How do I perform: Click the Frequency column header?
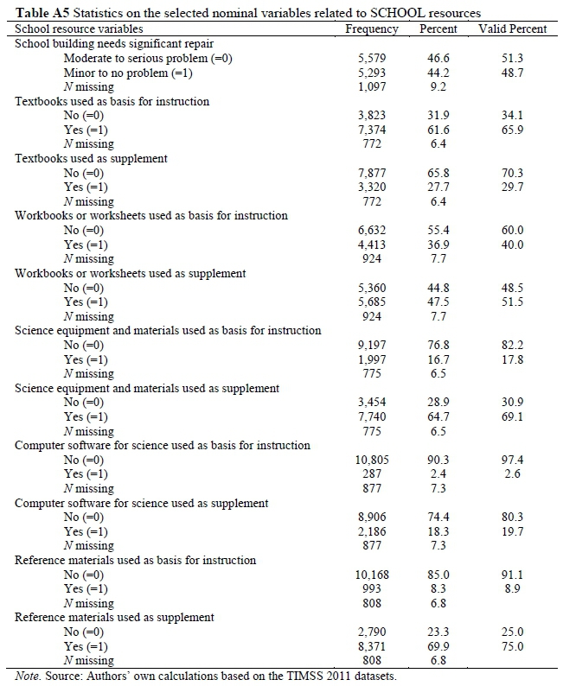372,29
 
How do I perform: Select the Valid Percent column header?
513,29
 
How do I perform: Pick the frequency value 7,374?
373,130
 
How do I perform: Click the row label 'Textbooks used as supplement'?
91,158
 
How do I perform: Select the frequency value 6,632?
373,230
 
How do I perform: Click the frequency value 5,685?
373,302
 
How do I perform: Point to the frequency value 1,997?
373,359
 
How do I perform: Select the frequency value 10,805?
373,460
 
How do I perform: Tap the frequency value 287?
373,474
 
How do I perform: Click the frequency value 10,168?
373,575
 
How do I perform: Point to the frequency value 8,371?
373,646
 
